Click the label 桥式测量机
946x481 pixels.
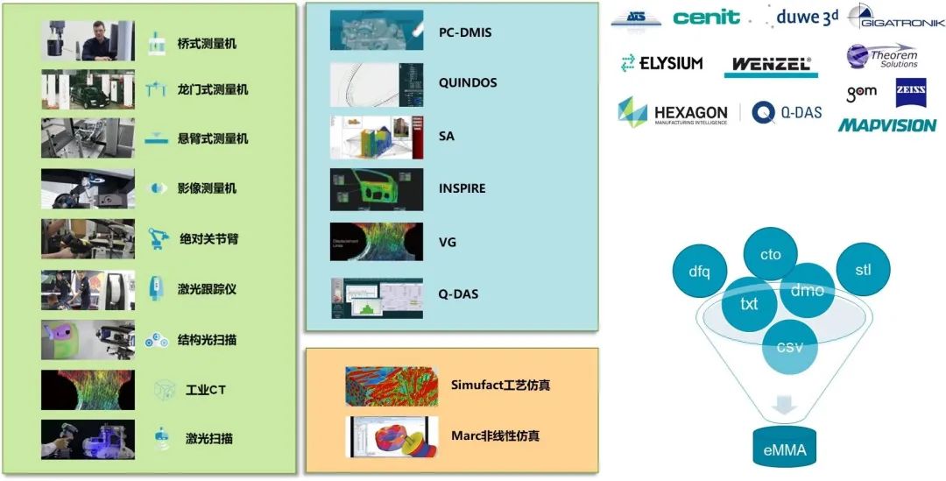(x=207, y=43)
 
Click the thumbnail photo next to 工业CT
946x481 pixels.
(x=88, y=390)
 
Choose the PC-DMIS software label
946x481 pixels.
(x=465, y=32)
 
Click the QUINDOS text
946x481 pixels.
(x=468, y=82)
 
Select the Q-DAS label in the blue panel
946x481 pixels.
(x=458, y=294)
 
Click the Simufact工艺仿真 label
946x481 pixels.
(x=501, y=385)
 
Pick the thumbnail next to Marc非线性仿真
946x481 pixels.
(x=392, y=436)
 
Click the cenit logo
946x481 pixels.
(x=706, y=18)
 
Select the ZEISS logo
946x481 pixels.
(x=911, y=93)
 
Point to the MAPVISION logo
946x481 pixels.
(x=887, y=125)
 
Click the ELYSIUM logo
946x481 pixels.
(x=662, y=63)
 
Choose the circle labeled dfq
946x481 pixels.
(x=699, y=271)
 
